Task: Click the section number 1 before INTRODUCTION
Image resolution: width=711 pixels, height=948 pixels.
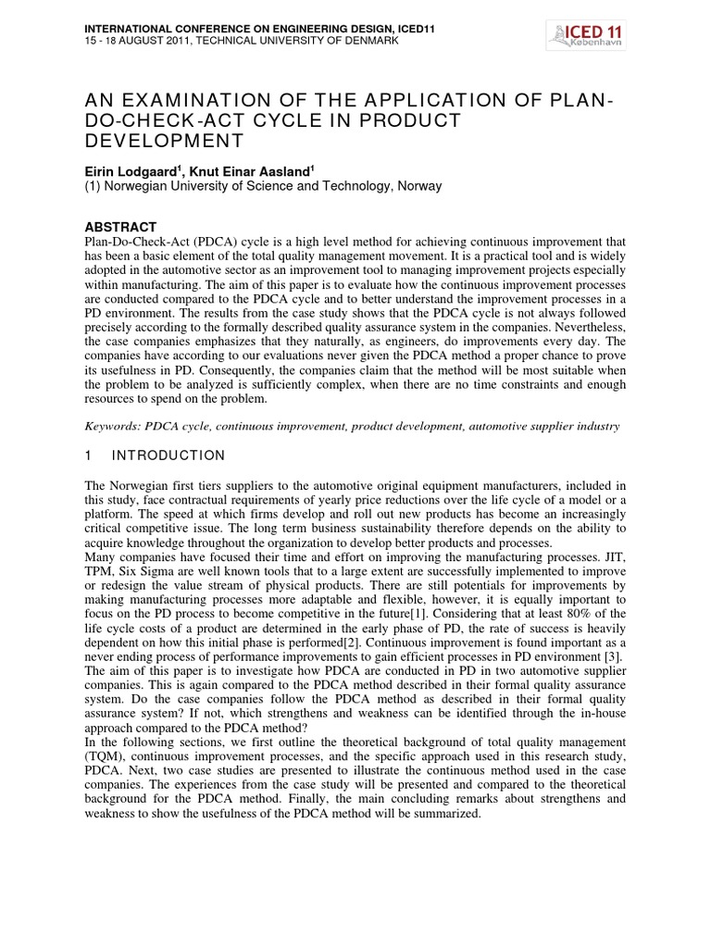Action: [88, 455]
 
